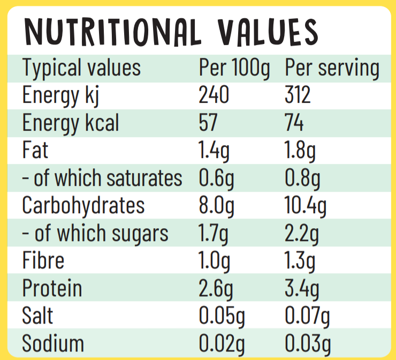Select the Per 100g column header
click(234, 68)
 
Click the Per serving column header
click(332, 68)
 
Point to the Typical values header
click(81, 68)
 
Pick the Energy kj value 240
click(214, 95)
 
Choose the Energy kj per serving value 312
click(298, 95)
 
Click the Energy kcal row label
click(71, 123)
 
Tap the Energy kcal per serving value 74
click(294, 123)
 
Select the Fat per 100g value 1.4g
click(214, 151)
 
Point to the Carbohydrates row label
click(83, 205)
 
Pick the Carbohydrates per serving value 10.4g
click(306, 205)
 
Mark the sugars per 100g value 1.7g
click(214, 233)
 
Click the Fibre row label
click(43, 260)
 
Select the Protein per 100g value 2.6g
click(216, 288)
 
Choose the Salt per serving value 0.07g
click(308, 316)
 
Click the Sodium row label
click(53, 343)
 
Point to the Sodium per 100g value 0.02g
click(222, 343)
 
